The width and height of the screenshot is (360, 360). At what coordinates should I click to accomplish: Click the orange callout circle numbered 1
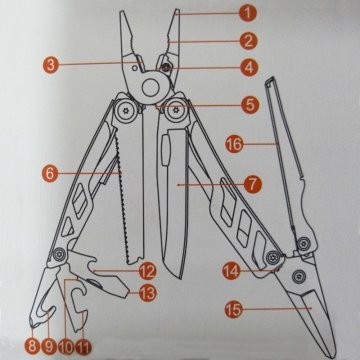(248, 14)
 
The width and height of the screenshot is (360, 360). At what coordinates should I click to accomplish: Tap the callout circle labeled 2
(248, 41)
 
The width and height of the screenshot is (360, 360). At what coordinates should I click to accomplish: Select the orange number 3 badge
(51, 65)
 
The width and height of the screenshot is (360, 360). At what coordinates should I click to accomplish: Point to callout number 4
(249, 68)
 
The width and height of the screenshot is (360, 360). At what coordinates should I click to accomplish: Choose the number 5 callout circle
(250, 105)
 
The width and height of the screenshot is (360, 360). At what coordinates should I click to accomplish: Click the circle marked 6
(50, 174)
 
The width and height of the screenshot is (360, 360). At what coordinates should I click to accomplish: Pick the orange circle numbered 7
(253, 184)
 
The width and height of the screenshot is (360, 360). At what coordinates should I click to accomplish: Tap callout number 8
(32, 346)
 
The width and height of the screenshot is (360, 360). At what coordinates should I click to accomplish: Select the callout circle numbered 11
(83, 347)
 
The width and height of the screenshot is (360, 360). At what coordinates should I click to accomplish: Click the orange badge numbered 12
(147, 272)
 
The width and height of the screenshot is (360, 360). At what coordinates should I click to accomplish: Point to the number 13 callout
(147, 293)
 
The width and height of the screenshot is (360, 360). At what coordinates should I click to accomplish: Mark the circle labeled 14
(231, 271)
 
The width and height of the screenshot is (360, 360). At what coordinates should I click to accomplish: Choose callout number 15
(233, 309)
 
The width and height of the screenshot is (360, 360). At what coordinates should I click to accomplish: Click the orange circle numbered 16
(234, 144)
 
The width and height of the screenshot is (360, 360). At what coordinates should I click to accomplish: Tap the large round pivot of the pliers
(151, 87)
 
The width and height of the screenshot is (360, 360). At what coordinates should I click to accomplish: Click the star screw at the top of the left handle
(126, 109)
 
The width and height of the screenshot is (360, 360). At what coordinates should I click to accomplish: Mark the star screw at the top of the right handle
(176, 109)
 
